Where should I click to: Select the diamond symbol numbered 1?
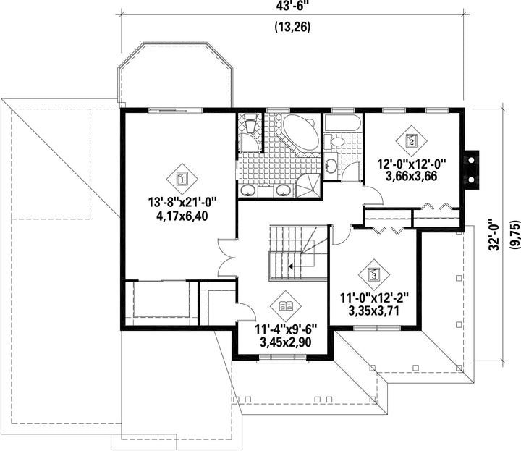pyautogui.click(x=182, y=179)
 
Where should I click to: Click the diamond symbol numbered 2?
pyautogui.click(x=411, y=141)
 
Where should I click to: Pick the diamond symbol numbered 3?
pyautogui.click(x=374, y=275)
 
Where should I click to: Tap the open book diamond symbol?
pyautogui.click(x=286, y=306)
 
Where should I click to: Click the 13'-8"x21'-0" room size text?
pyautogui.click(x=182, y=202)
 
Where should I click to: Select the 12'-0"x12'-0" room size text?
pyautogui.click(x=411, y=164)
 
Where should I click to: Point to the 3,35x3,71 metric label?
pyautogui.click(x=374, y=311)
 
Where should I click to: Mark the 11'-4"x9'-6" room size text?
pyautogui.click(x=286, y=329)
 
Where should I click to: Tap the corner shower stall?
pyautogui.click(x=308, y=187)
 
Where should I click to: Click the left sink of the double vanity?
pyautogui.click(x=248, y=190)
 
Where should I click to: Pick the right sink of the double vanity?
pyautogui.click(x=283, y=190)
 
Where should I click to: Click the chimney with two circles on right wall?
pyautogui.click(x=472, y=170)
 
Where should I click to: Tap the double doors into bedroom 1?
pyautogui.click(x=227, y=258)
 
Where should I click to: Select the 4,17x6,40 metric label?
pyautogui.click(x=182, y=216)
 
